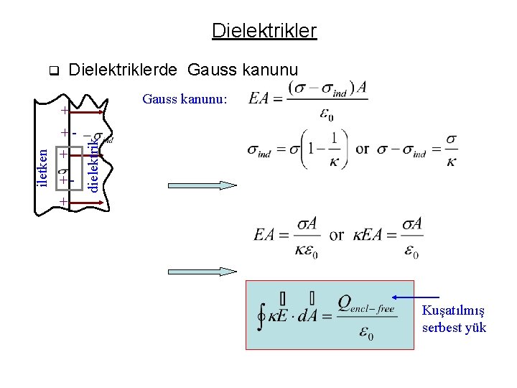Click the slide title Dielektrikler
[x=264, y=31]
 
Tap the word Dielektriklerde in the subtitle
[x=124, y=70]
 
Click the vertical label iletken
[x=44, y=165]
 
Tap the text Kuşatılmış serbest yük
[x=454, y=319]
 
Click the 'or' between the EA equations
[x=336, y=236]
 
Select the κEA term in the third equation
[x=367, y=236]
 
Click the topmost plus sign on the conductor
[x=65, y=111]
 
